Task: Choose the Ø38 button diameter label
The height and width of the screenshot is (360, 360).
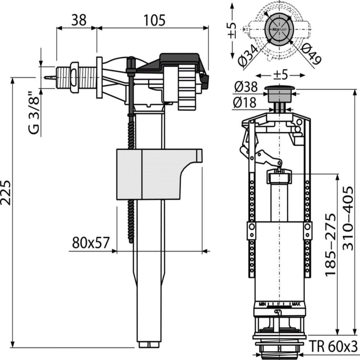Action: click(246, 87)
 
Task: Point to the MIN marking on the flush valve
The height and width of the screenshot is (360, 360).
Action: click(262, 305)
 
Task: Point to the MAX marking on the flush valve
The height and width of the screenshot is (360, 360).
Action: click(296, 305)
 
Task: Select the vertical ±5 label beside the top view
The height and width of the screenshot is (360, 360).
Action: click(233, 30)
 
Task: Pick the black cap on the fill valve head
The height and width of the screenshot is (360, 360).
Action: click(180, 59)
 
